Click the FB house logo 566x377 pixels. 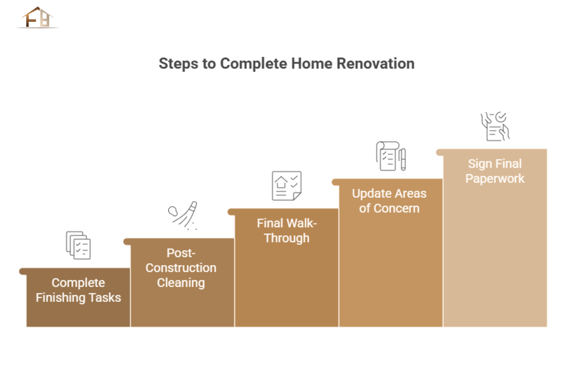38,17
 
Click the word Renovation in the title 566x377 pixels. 375,63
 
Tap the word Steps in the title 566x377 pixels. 178,64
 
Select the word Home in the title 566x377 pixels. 312,63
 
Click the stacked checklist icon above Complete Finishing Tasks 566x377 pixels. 78,245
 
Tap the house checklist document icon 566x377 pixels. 287,186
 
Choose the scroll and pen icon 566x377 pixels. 391,156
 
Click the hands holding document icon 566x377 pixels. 495,126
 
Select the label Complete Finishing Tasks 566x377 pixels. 78,290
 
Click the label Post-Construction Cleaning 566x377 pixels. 181,268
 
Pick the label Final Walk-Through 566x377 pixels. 287,230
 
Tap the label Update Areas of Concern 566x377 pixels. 389,201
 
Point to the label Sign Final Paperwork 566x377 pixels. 495,171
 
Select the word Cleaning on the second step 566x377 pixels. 181,283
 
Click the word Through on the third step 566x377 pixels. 287,238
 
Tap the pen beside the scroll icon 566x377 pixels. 403,159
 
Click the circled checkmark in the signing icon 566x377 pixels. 501,117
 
